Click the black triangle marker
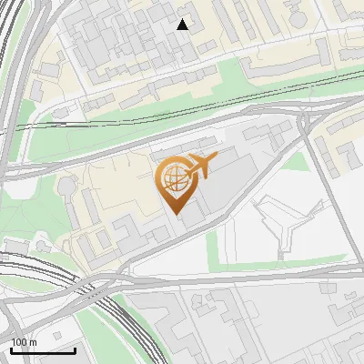(x=183, y=25)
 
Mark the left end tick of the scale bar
(x=10, y=349)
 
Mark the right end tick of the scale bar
(x=75, y=349)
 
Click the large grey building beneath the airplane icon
(x=227, y=187)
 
